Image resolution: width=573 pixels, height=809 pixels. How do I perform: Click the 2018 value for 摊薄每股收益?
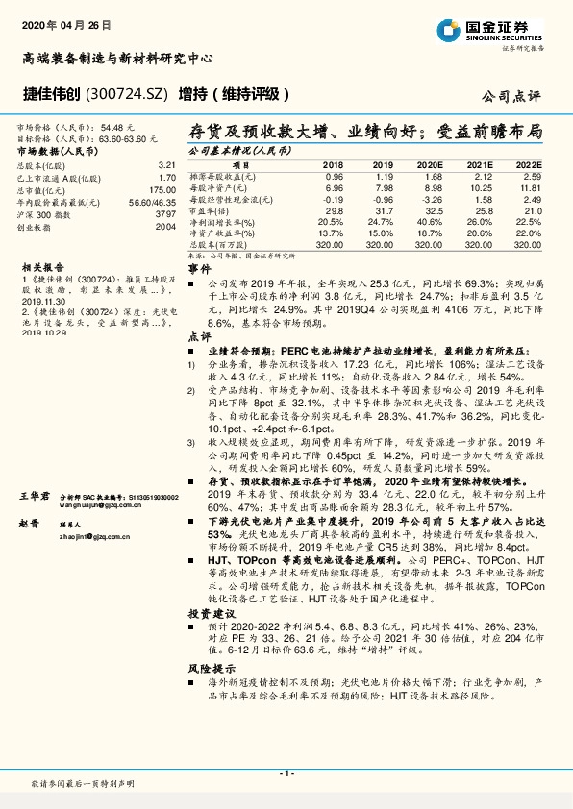(x=334, y=177)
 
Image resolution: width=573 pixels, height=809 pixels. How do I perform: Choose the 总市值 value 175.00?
(x=161, y=190)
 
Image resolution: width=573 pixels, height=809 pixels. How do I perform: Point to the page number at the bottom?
(x=286, y=773)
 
